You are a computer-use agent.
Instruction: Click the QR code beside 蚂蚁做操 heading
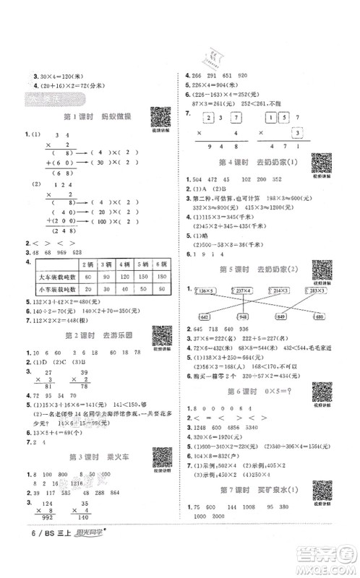click(x=156, y=117)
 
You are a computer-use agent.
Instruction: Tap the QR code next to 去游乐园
click(x=157, y=336)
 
